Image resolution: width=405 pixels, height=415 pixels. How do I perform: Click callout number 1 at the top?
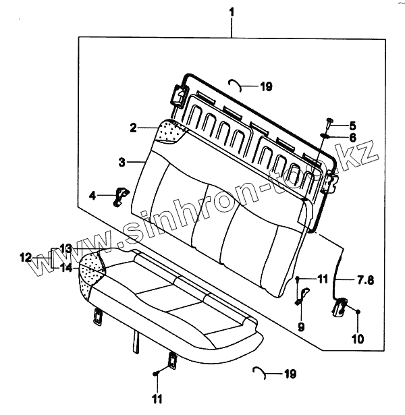click(x=232, y=12)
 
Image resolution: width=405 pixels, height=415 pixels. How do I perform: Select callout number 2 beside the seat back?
click(x=134, y=128)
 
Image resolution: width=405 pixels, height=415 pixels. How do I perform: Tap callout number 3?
click(x=122, y=162)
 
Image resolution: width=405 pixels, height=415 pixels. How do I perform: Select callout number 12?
click(x=24, y=257)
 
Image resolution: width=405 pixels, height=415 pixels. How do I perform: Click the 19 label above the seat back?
click(x=265, y=86)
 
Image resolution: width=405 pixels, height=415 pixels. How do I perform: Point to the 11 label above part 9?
click(x=323, y=278)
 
